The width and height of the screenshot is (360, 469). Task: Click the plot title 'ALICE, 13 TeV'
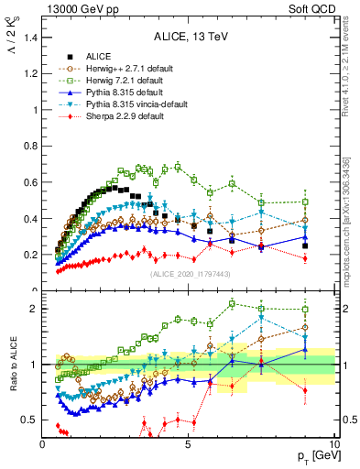coord(189,38)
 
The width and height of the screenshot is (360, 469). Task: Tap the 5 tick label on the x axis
coord(188,445)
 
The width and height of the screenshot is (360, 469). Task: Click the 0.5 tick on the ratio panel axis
coord(30,420)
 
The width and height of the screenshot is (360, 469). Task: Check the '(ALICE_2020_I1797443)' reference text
coord(189,274)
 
